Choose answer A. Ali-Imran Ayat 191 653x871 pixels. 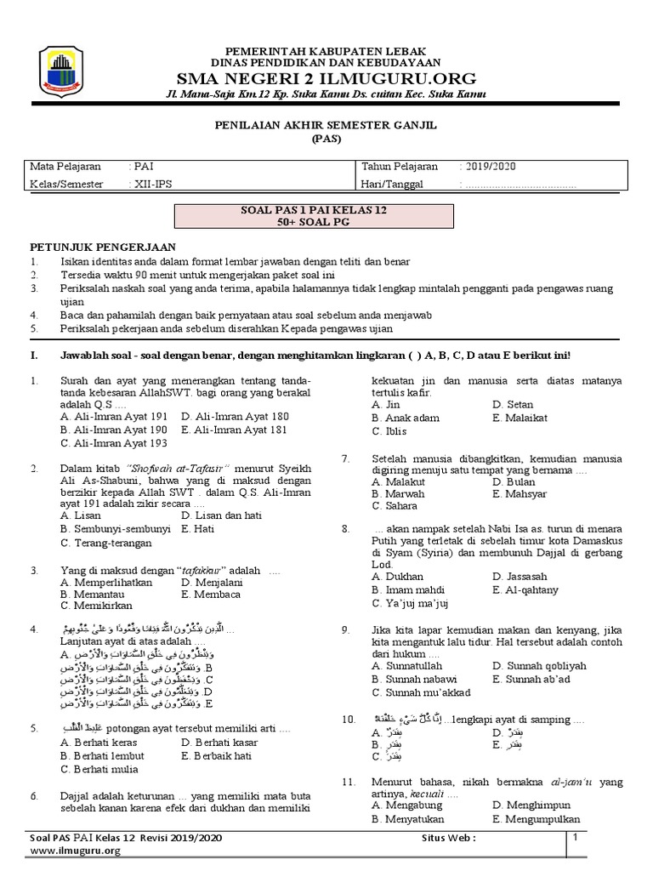pos(114,417)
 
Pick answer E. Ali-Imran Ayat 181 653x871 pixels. pos(235,430)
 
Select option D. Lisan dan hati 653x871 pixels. pos(221,515)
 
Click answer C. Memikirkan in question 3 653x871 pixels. pos(101,606)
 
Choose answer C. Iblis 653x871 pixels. pos(390,431)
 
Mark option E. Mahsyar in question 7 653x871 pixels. pos(520,493)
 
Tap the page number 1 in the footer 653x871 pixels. pos(576,839)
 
